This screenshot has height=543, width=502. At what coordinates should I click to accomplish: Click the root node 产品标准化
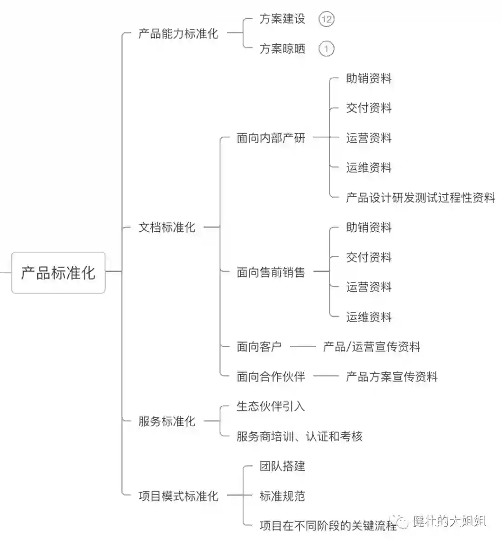pos(58,272)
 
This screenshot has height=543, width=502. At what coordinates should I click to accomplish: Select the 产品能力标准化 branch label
pos(178,34)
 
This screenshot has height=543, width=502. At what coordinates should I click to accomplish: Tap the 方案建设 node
pos(282,19)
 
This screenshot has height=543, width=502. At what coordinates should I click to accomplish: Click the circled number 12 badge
pos(326,19)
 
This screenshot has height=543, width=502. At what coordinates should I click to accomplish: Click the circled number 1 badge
pos(326,49)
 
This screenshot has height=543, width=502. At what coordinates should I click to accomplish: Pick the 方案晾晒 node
pos(282,48)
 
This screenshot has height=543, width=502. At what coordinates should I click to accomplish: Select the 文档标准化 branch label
pos(167,227)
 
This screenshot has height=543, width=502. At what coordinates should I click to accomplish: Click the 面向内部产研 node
pos(271,138)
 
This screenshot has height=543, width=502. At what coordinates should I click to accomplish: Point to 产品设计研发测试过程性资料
pos(420,197)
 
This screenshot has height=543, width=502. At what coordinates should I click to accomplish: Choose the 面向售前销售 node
pos(271,272)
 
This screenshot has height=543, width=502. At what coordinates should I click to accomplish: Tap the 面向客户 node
pos(259,347)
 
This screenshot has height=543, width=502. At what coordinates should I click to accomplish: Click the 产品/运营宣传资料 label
pos(372,347)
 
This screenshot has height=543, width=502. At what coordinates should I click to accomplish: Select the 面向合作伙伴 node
pos(271,376)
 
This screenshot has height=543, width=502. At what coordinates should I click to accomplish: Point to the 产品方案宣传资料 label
pos(392,376)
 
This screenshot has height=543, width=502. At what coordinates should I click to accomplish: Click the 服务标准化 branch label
pos(167,421)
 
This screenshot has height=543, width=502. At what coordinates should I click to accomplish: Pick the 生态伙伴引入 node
pos(271,406)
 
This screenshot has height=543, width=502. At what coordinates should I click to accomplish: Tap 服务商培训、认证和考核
pos(299,436)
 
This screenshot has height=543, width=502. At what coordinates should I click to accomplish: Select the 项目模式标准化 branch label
pos(178,496)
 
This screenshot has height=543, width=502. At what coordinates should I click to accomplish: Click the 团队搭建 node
pos(282,466)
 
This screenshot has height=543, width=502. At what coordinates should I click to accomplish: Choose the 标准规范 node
pos(282,496)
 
